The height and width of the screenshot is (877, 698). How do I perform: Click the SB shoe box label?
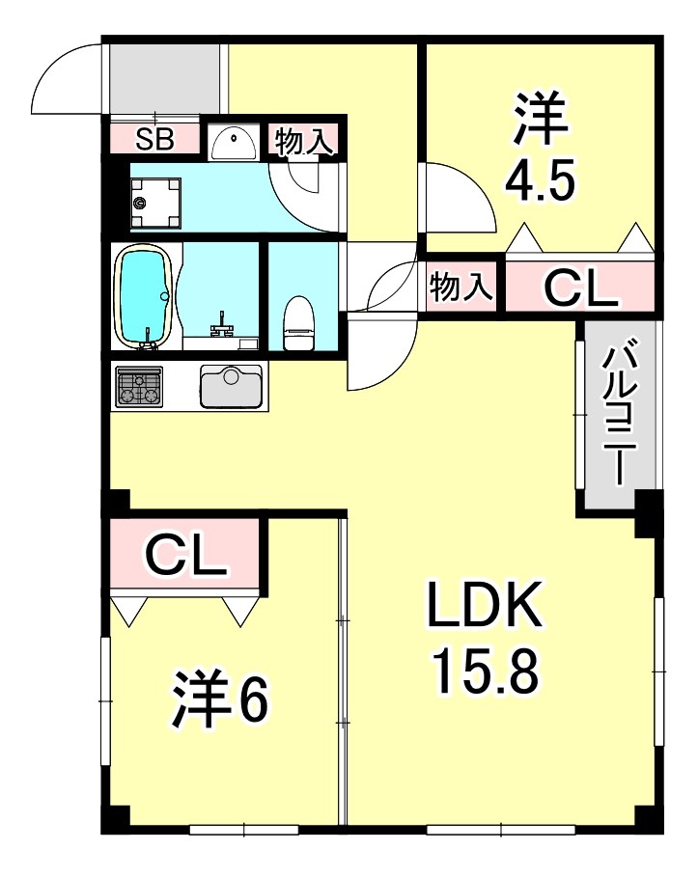(x=154, y=139)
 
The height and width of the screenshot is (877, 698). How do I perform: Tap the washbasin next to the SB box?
(x=232, y=143)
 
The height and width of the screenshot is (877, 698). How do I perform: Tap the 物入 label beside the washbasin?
(x=304, y=141)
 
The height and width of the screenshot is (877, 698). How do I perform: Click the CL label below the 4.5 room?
(x=579, y=287)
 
